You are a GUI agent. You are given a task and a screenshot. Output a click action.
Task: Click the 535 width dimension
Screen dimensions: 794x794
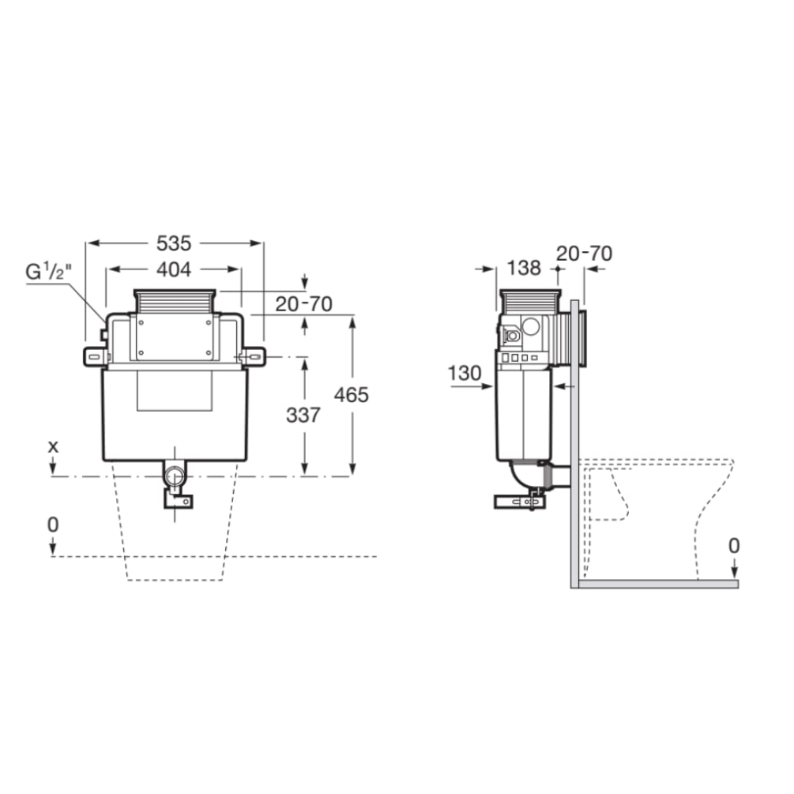pyautogui.click(x=174, y=243)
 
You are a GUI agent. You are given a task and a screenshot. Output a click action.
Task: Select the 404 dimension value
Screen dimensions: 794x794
pyautogui.click(x=174, y=269)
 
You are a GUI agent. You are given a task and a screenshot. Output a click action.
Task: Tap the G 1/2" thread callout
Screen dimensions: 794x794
pyautogui.click(x=49, y=272)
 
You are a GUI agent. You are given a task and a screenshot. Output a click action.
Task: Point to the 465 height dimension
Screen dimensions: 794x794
pyautogui.click(x=352, y=395)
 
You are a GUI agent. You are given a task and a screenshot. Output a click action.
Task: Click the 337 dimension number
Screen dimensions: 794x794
pyautogui.click(x=303, y=416)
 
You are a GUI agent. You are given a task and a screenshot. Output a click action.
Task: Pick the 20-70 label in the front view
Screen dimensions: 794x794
pyautogui.click(x=304, y=304)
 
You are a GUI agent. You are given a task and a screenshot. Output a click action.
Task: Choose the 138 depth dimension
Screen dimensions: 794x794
pyautogui.click(x=524, y=268)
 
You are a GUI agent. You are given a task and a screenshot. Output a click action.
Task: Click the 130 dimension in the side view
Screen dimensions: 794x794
pyautogui.click(x=465, y=374)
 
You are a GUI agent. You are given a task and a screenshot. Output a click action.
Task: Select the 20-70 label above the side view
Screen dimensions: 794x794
pyautogui.click(x=585, y=253)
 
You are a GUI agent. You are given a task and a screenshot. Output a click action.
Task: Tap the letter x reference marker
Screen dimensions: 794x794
pyautogui.click(x=53, y=446)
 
